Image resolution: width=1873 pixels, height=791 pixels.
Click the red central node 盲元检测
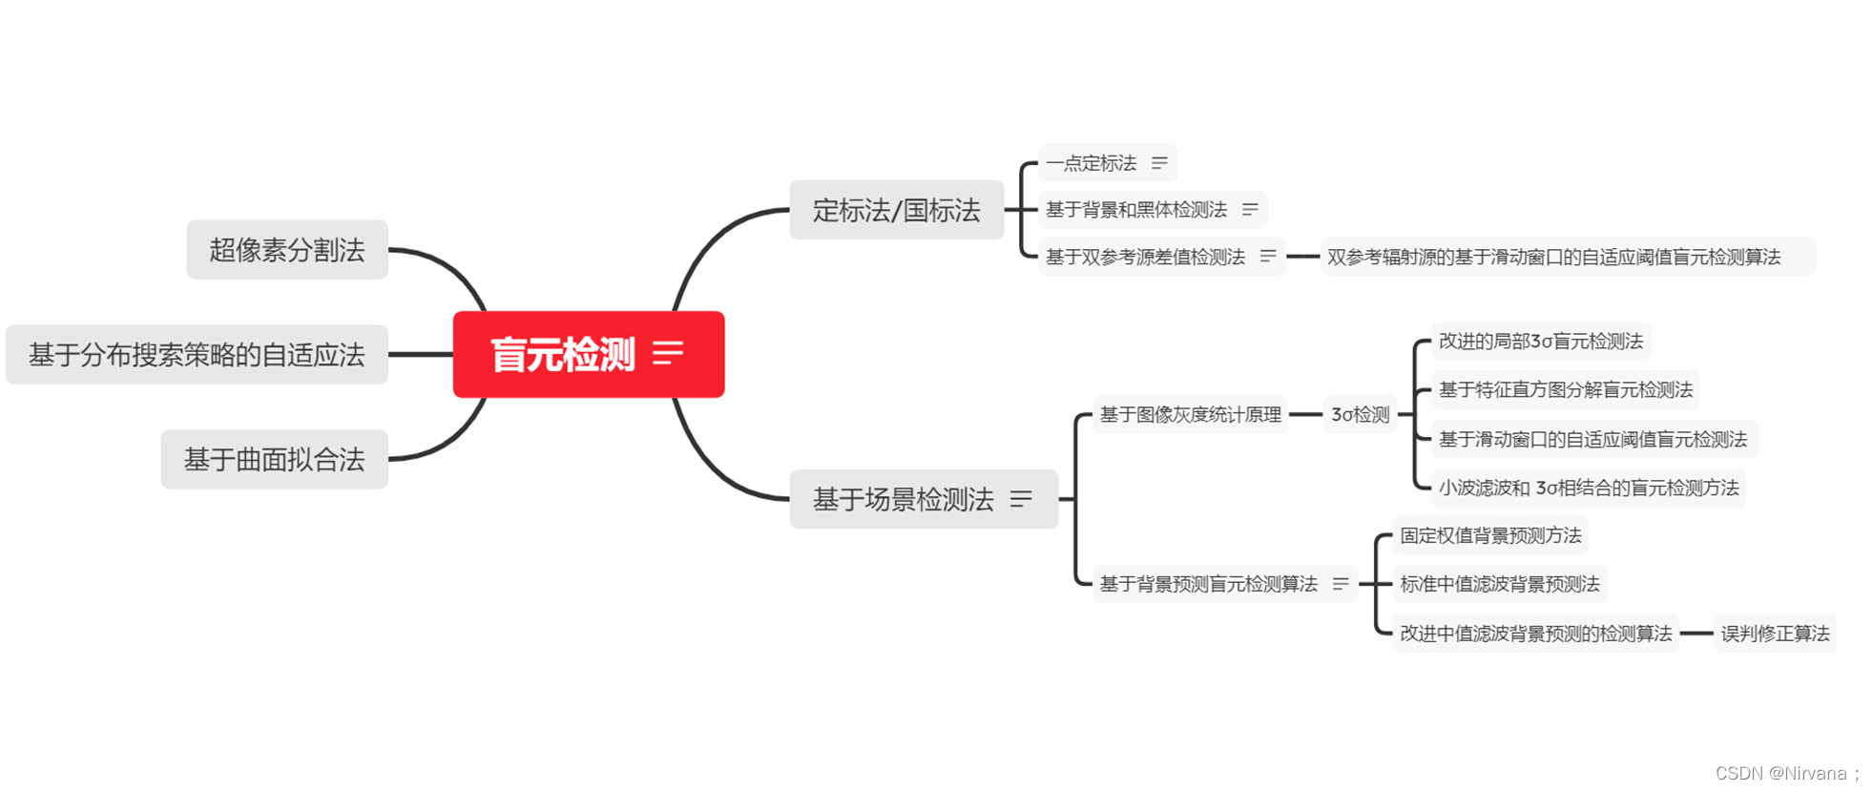563,355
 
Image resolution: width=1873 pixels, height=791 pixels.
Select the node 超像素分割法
287,250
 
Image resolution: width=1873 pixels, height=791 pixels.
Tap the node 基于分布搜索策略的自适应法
197,355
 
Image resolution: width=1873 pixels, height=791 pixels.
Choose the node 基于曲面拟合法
274,460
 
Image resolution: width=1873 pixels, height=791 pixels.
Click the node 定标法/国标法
896,210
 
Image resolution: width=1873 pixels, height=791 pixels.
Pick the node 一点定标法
1092,163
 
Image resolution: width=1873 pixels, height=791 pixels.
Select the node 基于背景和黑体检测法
1136,210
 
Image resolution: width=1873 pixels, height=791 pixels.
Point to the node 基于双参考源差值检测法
1145,257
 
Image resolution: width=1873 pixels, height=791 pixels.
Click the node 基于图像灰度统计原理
1190,415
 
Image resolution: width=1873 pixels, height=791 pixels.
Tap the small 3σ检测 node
1360,415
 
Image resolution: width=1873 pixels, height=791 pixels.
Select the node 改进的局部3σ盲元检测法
1540,342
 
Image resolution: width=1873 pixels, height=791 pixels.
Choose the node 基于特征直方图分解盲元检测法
1565,390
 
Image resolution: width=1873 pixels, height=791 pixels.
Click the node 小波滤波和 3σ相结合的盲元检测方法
1589,489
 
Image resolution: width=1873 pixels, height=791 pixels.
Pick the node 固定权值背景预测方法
1490,536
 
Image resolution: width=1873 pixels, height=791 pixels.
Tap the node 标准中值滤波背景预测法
1499,584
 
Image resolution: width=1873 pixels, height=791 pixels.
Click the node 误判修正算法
1775,634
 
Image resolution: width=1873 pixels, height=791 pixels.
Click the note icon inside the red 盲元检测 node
668,353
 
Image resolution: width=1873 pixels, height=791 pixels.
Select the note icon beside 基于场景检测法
1021,499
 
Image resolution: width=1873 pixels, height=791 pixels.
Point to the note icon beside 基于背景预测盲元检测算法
1341,584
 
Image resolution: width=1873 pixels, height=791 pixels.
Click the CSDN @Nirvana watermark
1786,773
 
